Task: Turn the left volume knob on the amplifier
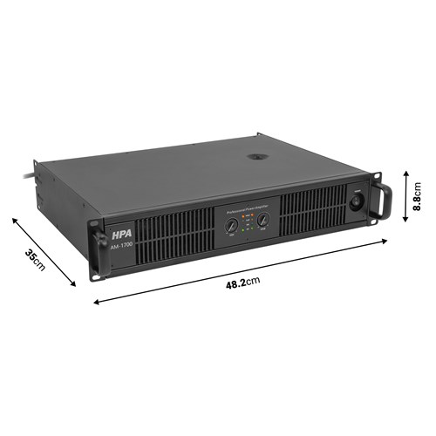pos(230,228)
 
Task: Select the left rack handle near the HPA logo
pos(94,248)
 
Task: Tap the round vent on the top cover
pos(257,158)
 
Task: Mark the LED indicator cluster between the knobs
pos(247,227)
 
